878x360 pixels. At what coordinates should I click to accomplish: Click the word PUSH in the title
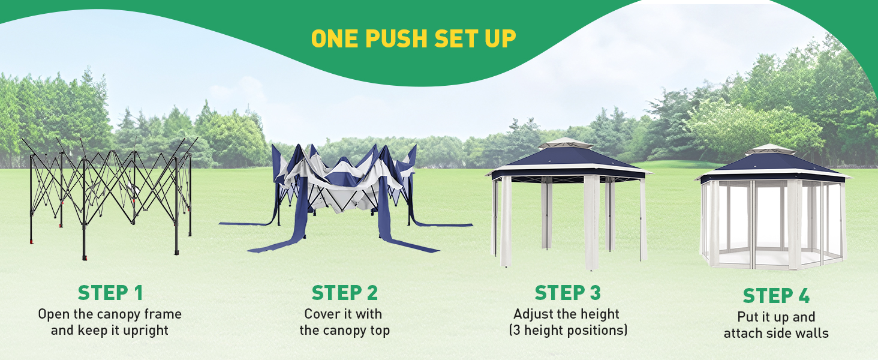(396, 38)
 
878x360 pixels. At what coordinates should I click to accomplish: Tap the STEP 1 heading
(110, 293)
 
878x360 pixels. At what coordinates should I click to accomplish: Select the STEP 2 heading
(344, 293)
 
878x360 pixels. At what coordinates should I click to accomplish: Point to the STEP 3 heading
(567, 293)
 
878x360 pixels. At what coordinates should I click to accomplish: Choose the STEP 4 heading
(776, 296)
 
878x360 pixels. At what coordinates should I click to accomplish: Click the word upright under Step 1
(145, 331)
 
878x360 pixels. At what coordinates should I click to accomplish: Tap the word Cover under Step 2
(321, 314)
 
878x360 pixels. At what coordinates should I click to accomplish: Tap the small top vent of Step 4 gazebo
(770, 149)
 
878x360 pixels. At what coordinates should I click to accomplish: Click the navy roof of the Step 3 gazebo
(569, 159)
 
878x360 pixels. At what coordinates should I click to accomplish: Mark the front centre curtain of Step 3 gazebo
(591, 222)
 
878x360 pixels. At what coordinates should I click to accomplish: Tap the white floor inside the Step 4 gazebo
(770, 259)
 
